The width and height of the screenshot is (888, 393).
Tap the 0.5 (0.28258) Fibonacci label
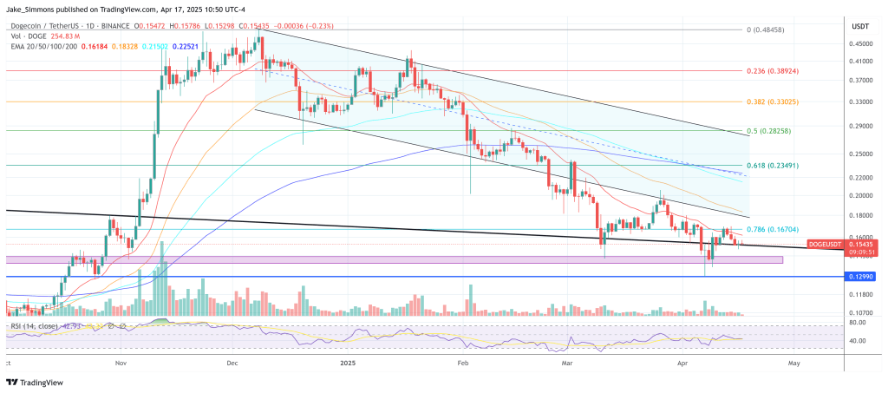[x=771, y=132]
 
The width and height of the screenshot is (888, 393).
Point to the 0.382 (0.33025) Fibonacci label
[x=773, y=101]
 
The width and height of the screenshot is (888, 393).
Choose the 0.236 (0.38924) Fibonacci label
[x=773, y=71]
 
